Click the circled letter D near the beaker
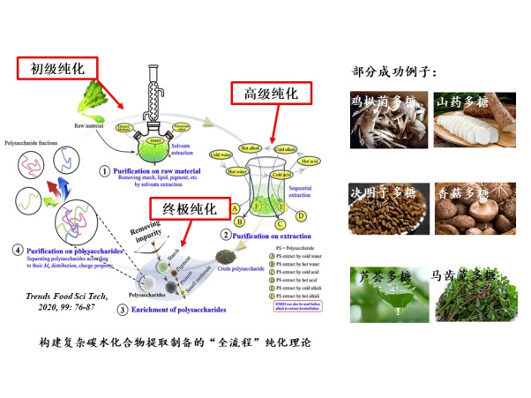(x=302, y=214)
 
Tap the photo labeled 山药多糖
(x=467, y=119)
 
